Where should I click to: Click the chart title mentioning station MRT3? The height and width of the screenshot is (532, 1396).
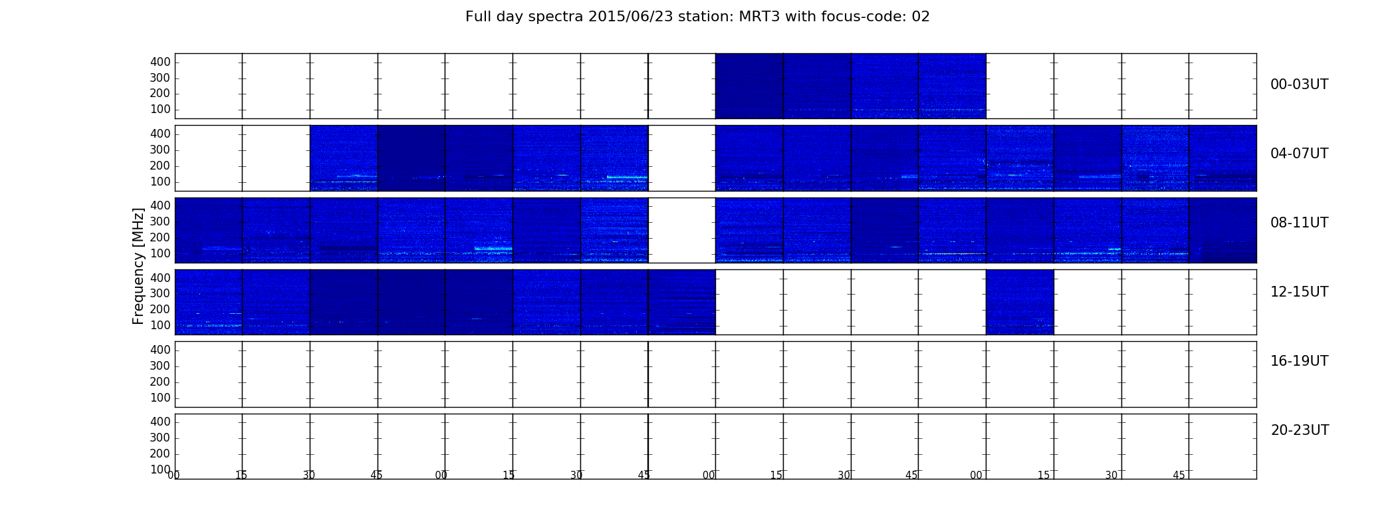pyautogui.click(x=697, y=17)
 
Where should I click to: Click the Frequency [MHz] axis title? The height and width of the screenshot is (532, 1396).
pyautogui.click(x=138, y=266)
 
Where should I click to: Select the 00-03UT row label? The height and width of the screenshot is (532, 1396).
pyautogui.click(x=1299, y=84)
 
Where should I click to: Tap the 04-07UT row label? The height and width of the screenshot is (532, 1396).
pyautogui.click(x=1299, y=154)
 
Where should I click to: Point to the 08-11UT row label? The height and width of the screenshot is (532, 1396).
pyautogui.click(x=1299, y=223)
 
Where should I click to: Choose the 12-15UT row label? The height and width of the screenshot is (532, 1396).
pyautogui.click(x=1299, y=292)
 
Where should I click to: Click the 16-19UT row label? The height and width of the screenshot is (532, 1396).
pyautogui.click(x=1299, y=361)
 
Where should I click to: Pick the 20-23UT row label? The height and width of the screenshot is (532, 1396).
pyautogui.click(x=1300, y=430)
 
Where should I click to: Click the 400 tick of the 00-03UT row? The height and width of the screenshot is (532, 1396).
pyautogui.click(x=160, y=62)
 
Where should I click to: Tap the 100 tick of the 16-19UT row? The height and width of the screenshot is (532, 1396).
pyautogui.click(x=160, y=398)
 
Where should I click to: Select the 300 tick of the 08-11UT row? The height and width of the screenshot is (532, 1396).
pyautogui.click(x=160, y=221)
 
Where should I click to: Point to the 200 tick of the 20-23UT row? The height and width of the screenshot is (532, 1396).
pyautogui.click(x=160, y=454)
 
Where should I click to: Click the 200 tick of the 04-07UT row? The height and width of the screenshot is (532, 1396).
pyautogui.click(x=160, y=166)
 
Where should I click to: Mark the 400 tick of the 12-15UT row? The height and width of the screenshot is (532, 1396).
pyautogui.click(x=160, y=278)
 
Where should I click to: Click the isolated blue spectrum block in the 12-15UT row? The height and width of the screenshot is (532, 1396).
pyautogui.click(x=1020, y=302)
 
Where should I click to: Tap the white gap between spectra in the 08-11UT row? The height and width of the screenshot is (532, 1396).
pyautogui.click(x=682, y=230)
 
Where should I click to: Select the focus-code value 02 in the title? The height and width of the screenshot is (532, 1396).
pyautogui.click(x=921, y=17)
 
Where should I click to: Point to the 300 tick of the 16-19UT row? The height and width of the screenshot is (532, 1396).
pyautogui.click(x=160, y=366)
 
